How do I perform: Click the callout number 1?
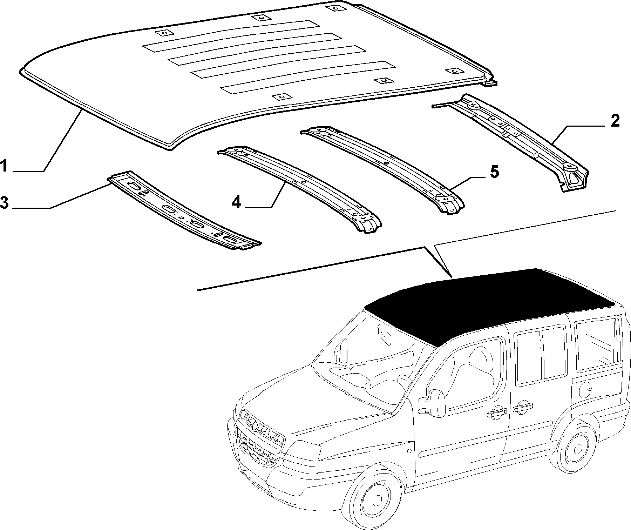click(x=4, y=166)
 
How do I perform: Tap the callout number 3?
click(x=4, y=203)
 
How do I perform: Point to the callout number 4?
click(x=237, y=202)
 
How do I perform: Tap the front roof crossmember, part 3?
click(x=184, y=210)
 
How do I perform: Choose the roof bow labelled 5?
click(x=382, y=168)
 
